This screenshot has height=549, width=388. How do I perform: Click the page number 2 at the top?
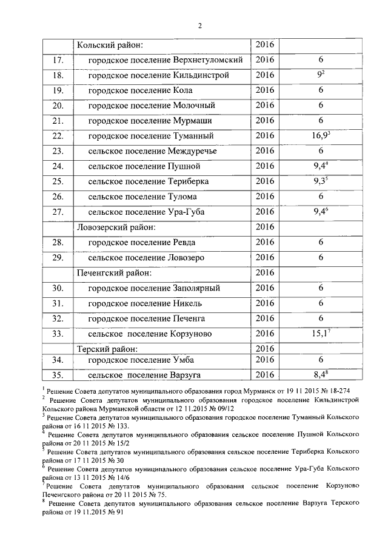tap(199, 25)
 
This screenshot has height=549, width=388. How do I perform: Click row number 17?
tap(58, 60)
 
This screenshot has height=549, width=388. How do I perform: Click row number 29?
tap(58, 257)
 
